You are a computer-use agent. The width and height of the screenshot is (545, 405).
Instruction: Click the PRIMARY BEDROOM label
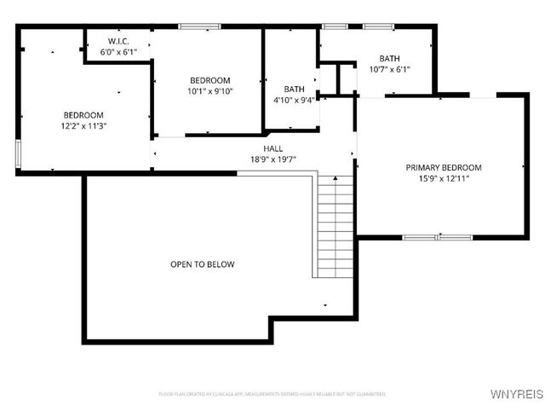(443, 167)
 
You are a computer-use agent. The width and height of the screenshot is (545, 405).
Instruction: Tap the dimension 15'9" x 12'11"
(443, 178)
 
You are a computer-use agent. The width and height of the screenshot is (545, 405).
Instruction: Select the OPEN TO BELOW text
(203, 264)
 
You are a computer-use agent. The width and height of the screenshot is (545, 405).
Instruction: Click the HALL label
(272, 148)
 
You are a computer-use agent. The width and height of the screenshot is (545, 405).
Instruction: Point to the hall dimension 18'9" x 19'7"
(272, 159)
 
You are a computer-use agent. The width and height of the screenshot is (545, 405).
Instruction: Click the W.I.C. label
(118, 41)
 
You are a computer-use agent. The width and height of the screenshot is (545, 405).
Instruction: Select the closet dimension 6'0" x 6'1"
(118, 52)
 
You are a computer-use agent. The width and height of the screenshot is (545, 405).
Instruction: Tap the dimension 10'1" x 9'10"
(209, 90)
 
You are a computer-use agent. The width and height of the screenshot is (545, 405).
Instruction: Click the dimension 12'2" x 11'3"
(83, 125)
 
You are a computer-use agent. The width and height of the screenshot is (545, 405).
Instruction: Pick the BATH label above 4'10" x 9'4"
(295, 89)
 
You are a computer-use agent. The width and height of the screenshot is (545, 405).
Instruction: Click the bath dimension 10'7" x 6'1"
(389, 69)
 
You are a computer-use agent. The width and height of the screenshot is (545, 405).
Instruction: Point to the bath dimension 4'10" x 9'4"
(295, 100)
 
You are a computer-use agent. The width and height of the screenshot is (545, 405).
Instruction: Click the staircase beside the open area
(333, 226)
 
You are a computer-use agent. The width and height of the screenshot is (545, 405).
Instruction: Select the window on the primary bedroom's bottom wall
(436, 236)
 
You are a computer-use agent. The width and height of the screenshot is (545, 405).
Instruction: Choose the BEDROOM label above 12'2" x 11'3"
(83, 115)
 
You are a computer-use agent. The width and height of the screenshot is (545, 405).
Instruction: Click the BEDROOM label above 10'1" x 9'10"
(209, 79)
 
